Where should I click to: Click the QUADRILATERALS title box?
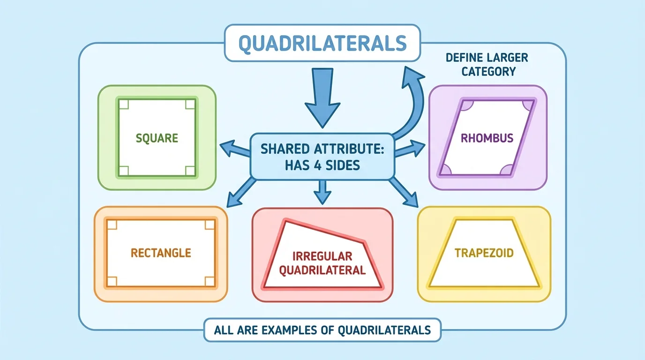(x=322, y=43)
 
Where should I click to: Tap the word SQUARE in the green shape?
(x=157, y=138)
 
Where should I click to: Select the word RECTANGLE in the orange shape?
(x=161, y=253)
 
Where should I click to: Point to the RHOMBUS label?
(x=487, y=138)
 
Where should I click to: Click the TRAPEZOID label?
(x=484, y=253)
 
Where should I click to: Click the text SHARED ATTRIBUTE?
(x=322, y=149)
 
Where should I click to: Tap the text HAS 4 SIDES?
(x=322, y=165)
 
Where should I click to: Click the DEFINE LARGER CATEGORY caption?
(x=487, y=65)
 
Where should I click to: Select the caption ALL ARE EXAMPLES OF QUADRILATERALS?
(x=322, y=330)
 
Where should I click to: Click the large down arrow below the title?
(x=322, y=98)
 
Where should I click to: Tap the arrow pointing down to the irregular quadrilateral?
(x=321, y=192)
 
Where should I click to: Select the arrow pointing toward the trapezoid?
(x=404, y=192)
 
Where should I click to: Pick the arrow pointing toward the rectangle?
(x=241, y=192)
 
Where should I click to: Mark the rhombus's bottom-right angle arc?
(x=506, y=170)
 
